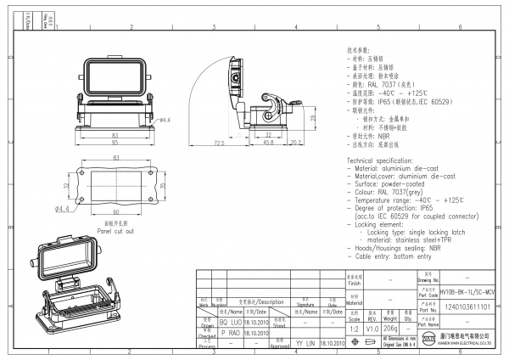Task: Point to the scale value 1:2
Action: [x=354, y=328]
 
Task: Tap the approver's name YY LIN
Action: [x=305, y=343]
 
